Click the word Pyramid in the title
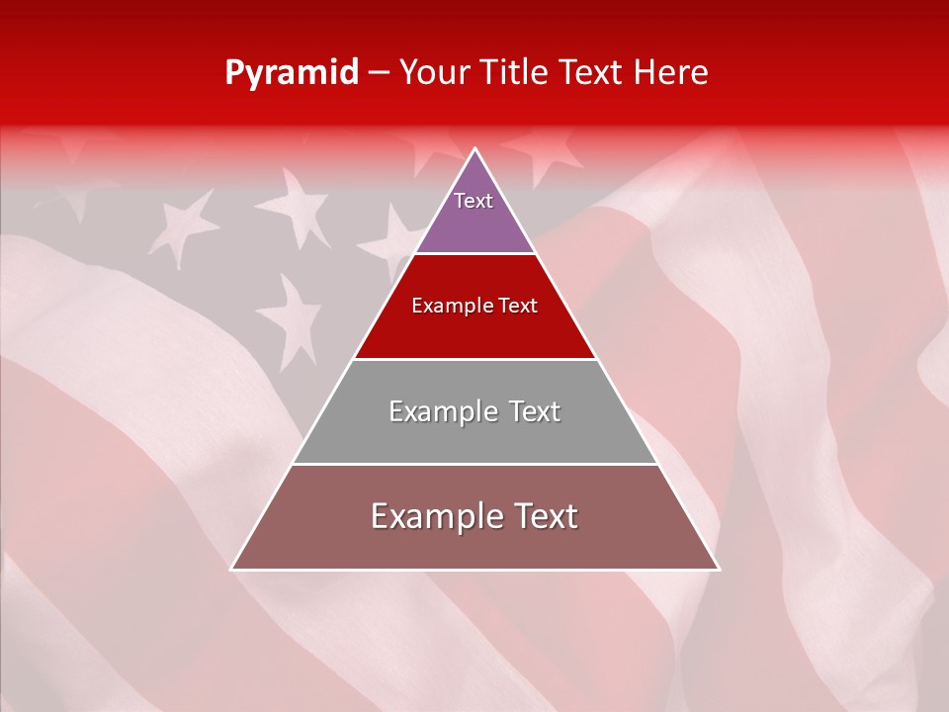(292, 73)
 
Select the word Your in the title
(435, 73)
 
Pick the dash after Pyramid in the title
(379, 74)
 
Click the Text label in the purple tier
(474, 201)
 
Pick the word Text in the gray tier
(535, 411)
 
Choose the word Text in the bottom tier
(546, 516)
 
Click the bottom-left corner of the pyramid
(233, 568)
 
